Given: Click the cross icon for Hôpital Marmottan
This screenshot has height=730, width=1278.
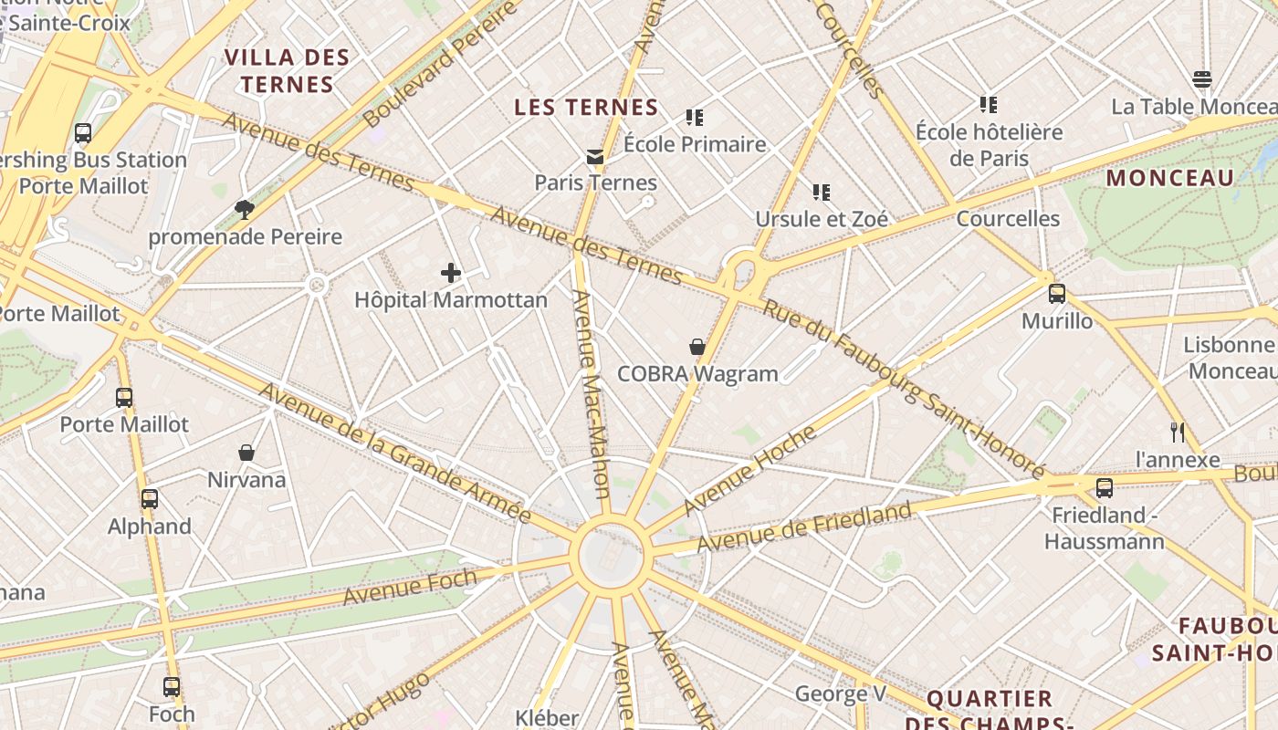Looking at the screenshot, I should pos(450,272).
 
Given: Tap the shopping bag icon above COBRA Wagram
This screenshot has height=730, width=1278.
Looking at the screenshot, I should pos(697,347).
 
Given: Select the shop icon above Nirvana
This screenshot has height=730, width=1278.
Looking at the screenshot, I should pos(246,453).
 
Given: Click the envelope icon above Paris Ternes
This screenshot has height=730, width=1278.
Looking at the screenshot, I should pos(595,156).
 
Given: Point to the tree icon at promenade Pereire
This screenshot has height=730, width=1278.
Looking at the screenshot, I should pos(244,210).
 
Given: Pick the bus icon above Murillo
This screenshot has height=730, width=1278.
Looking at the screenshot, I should pos(1056,294).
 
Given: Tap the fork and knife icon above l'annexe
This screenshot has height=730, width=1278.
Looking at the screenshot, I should pos(1178,432).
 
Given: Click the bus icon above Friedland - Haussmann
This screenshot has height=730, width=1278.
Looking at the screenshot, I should pos(1105,488).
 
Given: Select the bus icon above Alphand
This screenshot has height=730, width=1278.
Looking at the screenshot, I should pos(150,499).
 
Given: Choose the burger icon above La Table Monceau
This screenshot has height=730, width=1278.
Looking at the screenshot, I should pos(1202,79).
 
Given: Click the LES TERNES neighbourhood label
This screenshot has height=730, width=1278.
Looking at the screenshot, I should pos(586,108).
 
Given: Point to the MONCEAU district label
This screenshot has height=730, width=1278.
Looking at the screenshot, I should pos(1169,178).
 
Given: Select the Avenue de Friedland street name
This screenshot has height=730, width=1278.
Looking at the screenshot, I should pos(804,527).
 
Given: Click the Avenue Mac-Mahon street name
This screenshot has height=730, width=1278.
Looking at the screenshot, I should pos(590,394).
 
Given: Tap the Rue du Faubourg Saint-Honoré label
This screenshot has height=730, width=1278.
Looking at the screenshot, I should pos(904,389).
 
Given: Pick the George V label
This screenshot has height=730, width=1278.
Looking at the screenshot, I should pos(840,693).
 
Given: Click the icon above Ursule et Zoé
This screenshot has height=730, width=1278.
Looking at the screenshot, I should pos(822,193).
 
